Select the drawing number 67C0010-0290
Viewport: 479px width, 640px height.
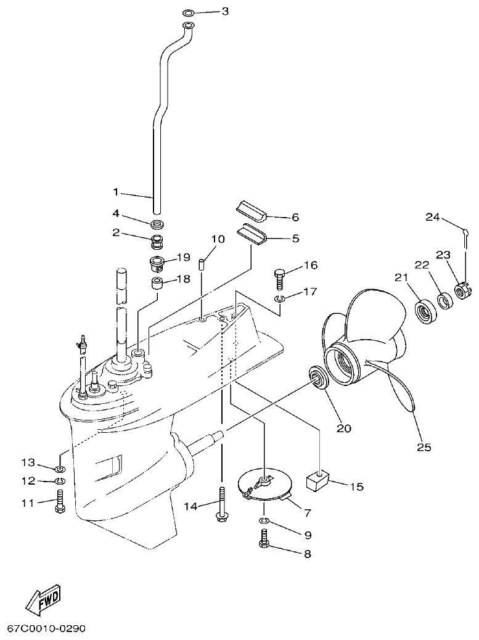pos(46,628)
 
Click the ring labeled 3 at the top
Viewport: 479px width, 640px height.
pos(189,12)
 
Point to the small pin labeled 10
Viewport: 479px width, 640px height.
pos(201,265)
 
